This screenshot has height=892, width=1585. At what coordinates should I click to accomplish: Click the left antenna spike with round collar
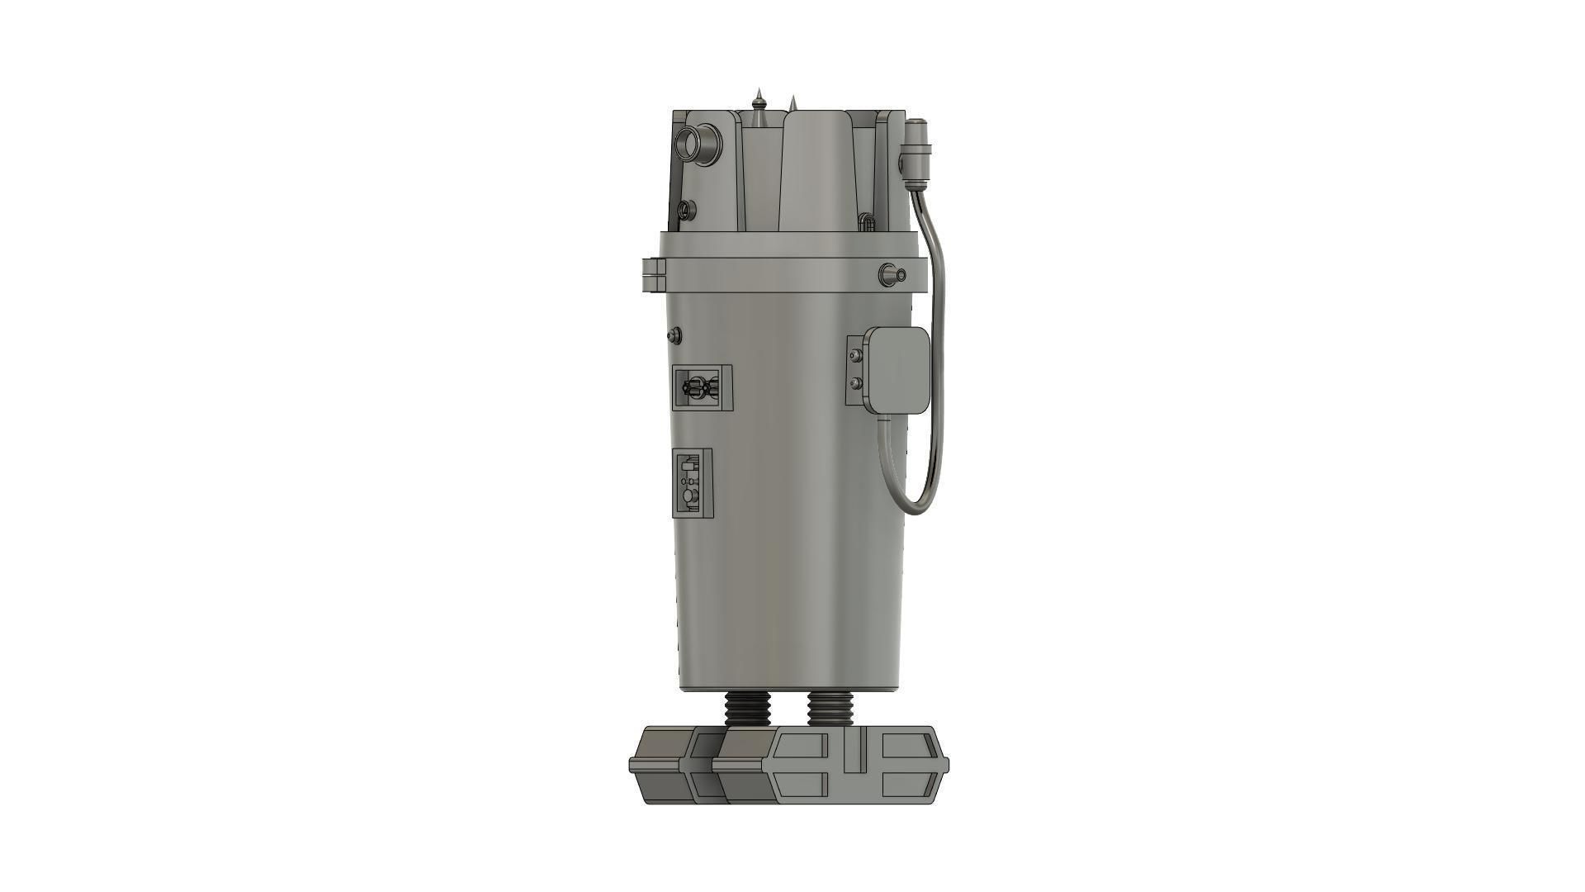(x=759, y=103)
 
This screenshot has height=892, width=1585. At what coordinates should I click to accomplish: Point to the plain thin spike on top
(x=792, y=105)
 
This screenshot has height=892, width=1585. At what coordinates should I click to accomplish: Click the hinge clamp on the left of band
(x=654, y=274)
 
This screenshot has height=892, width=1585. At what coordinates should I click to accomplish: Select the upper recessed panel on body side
(x=703, y=387)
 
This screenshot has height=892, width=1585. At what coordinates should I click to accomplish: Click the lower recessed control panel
(x=693, y=483)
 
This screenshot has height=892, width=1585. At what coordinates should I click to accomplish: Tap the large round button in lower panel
(x=688, y=497)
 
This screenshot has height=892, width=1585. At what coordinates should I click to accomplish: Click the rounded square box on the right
(x=897, y=370)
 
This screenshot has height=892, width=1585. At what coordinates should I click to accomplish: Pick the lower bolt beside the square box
(x=856, y=383)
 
